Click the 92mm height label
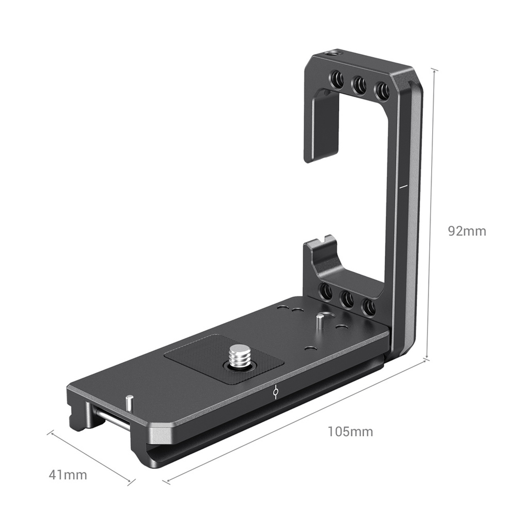(x=467, y=231)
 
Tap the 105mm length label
(x=350, y=431)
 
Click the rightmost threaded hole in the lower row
(x=368, y=307)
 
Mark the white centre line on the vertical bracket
(x=403, y=187)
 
